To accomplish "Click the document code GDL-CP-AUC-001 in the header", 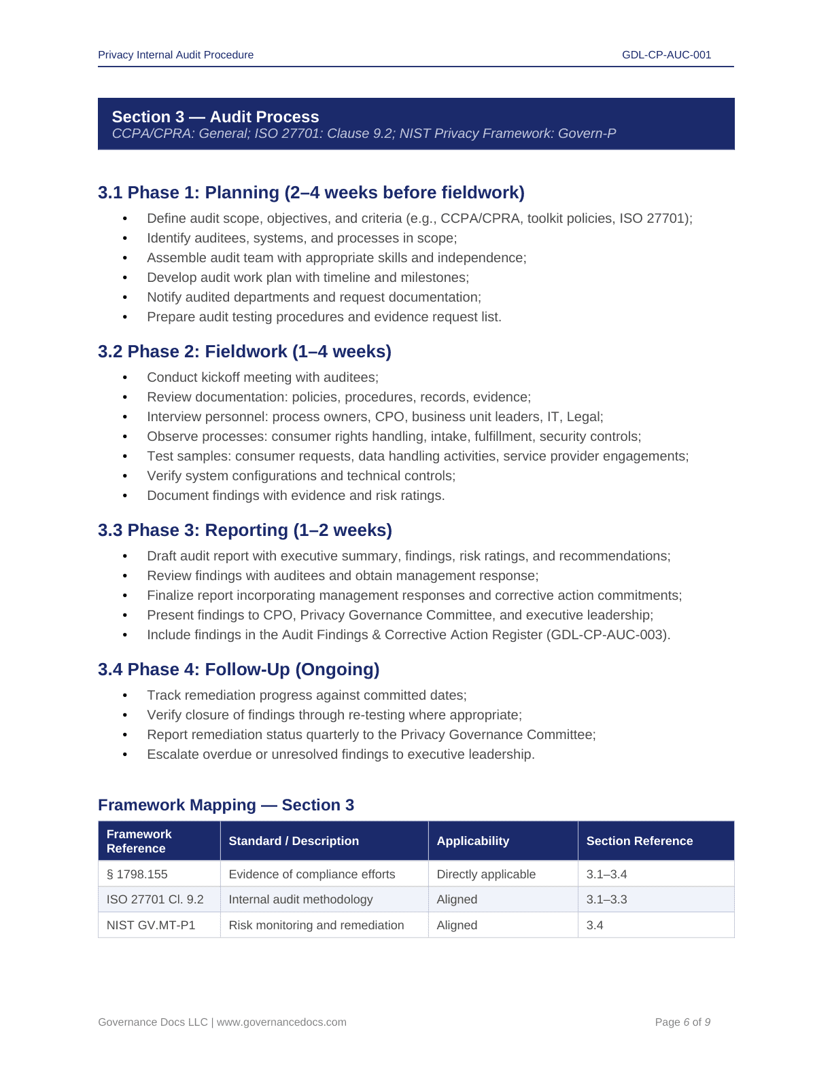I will pyautogui.click(x=666, y=55).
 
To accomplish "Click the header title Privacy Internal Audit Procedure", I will pyautogui.click(x=175, y=55).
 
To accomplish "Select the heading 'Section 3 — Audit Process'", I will pyautogui.click(x=215, y=117).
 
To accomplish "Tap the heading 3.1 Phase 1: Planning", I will pyautogui.click(x=311, y=193).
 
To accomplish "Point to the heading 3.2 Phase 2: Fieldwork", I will pyautogui.click(x=244, y=352).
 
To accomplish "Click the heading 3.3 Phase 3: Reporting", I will pyautogui.click(x=245, y=531).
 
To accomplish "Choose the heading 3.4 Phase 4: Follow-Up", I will pyautogui.click(x=238, y=670).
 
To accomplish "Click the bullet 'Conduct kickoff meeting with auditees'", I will pyautogui.click(x=262, y=378).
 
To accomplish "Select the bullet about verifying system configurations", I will pyautogui.click(x=301, y=476).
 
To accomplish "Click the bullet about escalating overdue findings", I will pyautogui.click(x=341, y=755).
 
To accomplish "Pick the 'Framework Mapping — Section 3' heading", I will pyautogui.click(x=226, y=805).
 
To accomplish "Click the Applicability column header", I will pyautogui.click(x=472, y=841).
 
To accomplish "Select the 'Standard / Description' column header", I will pyautogui.click(x=294, y=841).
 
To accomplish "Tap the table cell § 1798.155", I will pyautogui.click(x=137, y=874).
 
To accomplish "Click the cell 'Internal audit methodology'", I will pyautogui.click(x=300, y=899).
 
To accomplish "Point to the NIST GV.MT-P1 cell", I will pyautogui.click(x=151, y=925).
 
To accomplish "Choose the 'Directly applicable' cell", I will pyautogui.click(x=486, y=874).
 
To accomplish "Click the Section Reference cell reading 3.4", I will pyautogui.click(x=595, y=925).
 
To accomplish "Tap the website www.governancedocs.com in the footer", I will pyautogui.click(x=281, y=1022).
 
